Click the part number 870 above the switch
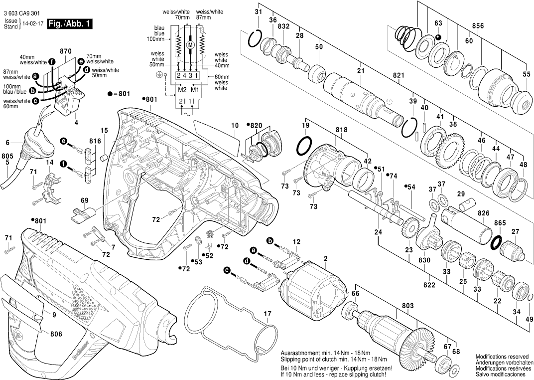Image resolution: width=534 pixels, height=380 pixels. click(x=66, y=51)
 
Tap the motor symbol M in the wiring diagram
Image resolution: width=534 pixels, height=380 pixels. click(x=189, y=45)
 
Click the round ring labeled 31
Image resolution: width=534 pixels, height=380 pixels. click(x=255, y=38)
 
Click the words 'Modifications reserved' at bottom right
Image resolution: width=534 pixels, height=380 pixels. click(x=502, y=357)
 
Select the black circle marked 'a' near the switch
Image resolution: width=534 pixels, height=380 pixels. click(x=35, y=76)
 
